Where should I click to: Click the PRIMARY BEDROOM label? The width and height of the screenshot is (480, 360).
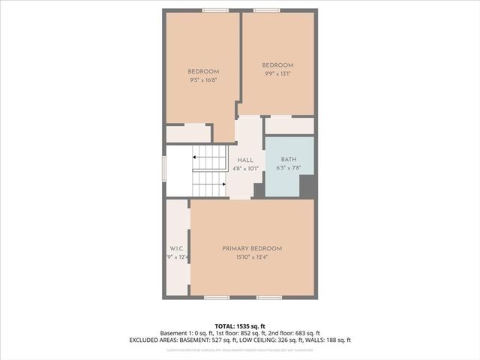pos(251,248)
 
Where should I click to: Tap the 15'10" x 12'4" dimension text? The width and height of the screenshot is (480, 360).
pos(251,258)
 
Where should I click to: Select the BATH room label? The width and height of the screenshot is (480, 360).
pos(289,160)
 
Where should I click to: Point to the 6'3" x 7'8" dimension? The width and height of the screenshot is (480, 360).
pos(289,169)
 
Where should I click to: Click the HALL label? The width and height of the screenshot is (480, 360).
pos(244,160)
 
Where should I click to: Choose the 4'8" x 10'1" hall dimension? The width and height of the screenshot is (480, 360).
pos(244,169)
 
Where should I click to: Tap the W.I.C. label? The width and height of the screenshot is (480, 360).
pos(177,248)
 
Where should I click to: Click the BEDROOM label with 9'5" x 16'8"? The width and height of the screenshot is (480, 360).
pos(202,71)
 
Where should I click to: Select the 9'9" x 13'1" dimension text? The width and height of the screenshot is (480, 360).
pos(277,73)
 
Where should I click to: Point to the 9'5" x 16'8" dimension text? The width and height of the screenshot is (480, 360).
pos(202,81)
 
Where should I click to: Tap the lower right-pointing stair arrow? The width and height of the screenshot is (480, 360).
pos(223,183)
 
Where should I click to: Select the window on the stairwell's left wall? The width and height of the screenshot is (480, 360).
pos(164,169)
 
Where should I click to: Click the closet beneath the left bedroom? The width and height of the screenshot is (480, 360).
pos(187,133)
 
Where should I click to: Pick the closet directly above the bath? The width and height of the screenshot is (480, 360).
pos(289,125)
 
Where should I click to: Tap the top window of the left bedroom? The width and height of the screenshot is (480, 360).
pos(215,10)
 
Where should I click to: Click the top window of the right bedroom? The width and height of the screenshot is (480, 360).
pos(266,10)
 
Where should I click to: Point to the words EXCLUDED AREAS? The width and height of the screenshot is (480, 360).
pos(183,340)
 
